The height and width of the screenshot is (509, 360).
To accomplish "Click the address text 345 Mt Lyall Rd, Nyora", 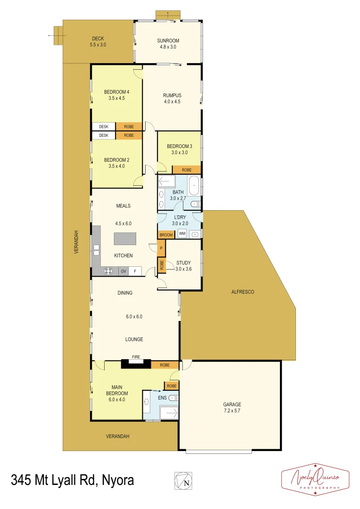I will (x=73, y=481).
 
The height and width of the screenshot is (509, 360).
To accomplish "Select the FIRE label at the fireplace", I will (x=136, y=357).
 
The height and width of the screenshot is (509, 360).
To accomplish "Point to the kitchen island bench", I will (x=125, y=238).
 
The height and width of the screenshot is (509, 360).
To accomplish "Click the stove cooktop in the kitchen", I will (x=108, y=271).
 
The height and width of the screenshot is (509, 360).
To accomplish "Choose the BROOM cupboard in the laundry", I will (x=165, y=235).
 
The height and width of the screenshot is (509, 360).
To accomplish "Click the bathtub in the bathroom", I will (x=194, y=186).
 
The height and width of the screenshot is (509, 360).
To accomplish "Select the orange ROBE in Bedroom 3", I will (x=187, y=170).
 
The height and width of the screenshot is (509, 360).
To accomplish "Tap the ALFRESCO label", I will (x=243, y=292).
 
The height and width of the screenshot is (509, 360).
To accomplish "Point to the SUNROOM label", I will (x=168, y=41).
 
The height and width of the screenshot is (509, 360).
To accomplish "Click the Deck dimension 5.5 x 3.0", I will (x=98, y=45).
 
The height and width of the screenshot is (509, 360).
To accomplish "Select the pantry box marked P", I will (x=161, y=248).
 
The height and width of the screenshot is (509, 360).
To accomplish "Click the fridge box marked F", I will (x=135, y=271).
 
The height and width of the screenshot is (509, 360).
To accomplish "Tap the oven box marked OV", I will (x=123, y=271).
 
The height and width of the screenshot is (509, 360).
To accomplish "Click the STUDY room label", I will (x=183, y=263).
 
